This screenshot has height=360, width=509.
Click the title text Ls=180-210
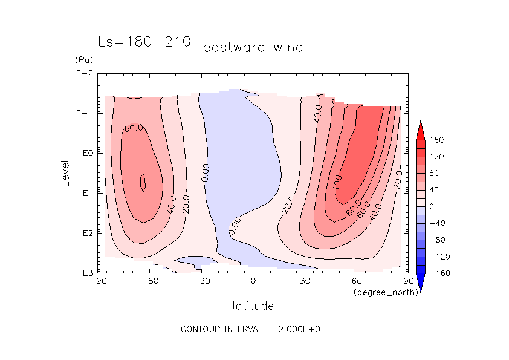click(144, 42)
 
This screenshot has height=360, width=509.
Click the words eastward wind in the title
click(253, 47)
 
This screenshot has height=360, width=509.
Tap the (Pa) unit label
click(83, 60)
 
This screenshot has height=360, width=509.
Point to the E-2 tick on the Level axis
click(83, 74)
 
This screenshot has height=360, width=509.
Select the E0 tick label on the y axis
click(83, 153)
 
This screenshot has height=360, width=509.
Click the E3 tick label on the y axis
click(83, 273)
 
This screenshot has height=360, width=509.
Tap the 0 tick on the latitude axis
click(253, 281)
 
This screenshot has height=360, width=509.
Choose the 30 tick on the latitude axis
click(305, 281)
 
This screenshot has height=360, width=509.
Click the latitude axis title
click(253, 306)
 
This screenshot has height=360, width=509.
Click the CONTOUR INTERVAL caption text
click(254, 330)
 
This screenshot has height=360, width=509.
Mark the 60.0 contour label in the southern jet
click(134, 128)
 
